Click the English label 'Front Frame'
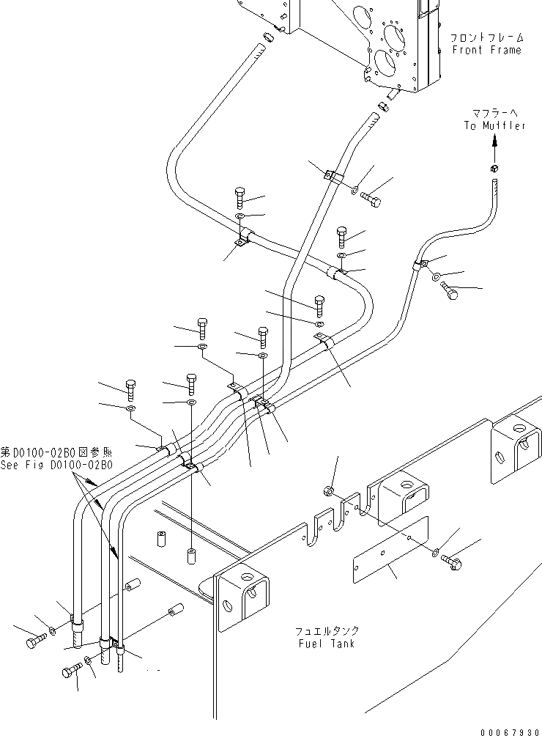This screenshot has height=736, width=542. coord(486,50)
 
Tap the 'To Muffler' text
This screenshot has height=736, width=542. coord(494,125)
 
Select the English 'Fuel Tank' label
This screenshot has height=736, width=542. coord(327,644)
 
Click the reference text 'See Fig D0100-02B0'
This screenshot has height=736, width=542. coord(56,465)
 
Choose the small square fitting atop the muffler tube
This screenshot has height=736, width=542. coord(494,171)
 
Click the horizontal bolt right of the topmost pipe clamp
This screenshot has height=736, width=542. coord(369,198)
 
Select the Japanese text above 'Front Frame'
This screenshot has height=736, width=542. coord(486,37)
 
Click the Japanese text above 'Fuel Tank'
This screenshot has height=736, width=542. coord(327,630)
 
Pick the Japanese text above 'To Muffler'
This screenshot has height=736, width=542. coord(494,112)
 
